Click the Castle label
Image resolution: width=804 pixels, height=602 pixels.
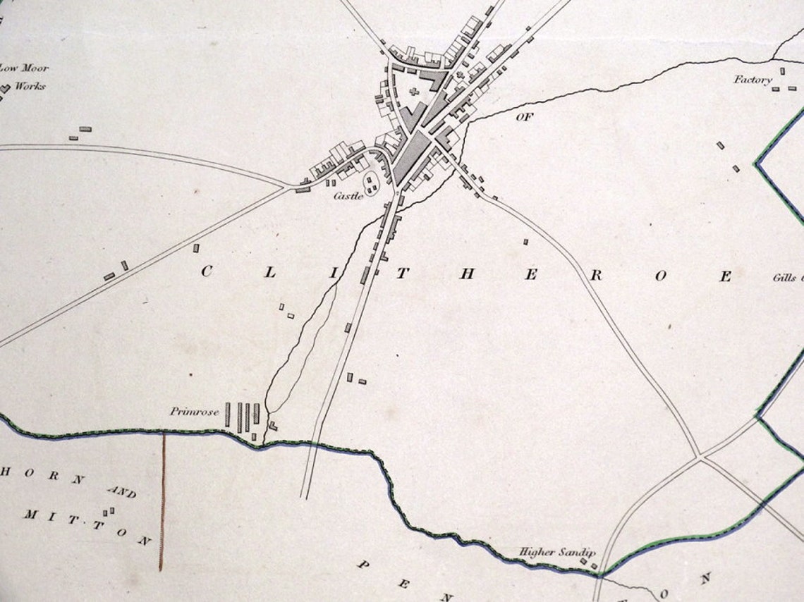point(348,196)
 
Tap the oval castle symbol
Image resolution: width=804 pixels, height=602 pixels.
point(370,185)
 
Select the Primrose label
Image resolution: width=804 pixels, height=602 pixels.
point(194,412)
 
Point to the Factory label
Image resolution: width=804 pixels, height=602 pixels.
point(753,80)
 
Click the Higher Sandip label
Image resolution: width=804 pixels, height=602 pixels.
point(557,553)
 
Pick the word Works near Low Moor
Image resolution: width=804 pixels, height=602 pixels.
point(30,86)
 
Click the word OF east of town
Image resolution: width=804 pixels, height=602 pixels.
point(524,117)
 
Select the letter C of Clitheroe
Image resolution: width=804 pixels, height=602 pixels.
point(207,272)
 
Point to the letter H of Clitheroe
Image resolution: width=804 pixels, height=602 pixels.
point(467,274)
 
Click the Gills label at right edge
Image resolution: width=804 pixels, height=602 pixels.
point(786,278)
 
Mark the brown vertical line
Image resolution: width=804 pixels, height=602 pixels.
point(163,500)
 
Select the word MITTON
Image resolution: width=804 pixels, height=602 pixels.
point(87,526)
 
